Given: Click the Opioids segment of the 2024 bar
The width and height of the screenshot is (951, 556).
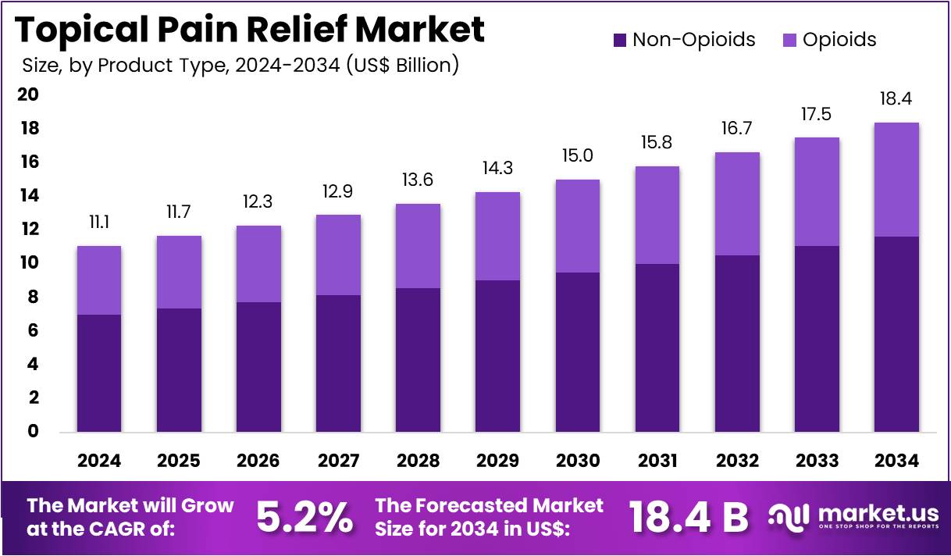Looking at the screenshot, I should tap(99, 280).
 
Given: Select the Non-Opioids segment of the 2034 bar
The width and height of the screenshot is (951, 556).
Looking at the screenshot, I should tap(896, 334).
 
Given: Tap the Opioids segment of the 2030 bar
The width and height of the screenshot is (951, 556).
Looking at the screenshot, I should tap(578, 226).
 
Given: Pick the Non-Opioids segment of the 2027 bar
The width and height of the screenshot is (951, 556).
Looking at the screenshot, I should tap(338, 363).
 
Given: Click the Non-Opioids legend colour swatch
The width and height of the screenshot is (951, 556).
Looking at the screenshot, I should tap(620, 40).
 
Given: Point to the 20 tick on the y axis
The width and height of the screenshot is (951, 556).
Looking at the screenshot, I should tap(28, 94).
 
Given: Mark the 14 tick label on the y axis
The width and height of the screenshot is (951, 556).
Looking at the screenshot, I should tap(28, 195).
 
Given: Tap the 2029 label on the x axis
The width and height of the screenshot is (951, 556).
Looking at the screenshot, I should tap(498, 461).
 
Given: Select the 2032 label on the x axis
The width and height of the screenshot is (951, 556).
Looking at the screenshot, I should tap(737, 461).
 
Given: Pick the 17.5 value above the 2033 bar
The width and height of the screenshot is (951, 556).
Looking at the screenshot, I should tap(817, 115).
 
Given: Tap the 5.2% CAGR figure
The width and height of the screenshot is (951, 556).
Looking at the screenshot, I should tap(305, 518).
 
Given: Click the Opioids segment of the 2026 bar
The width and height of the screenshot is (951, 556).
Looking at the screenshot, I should tap(258, 264).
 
